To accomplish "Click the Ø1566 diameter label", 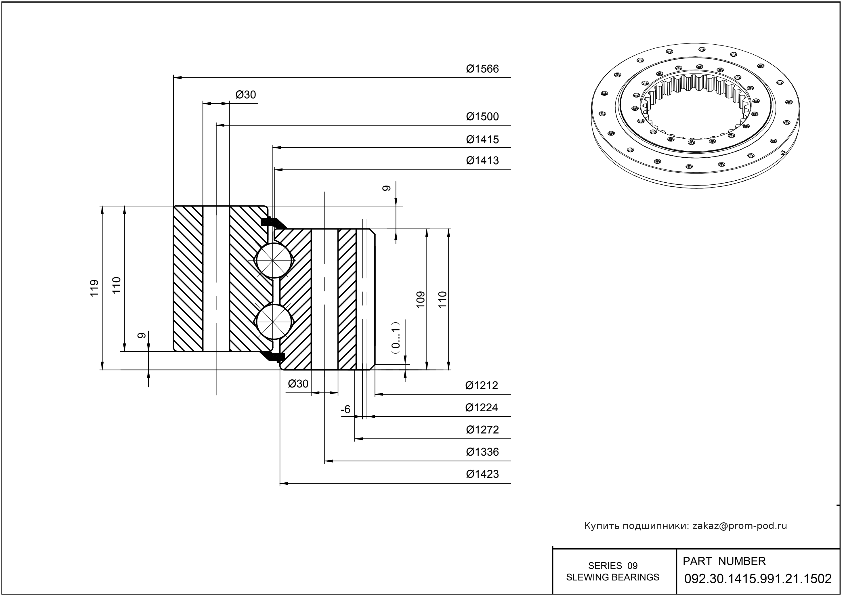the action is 482,69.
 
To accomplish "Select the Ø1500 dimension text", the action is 482,117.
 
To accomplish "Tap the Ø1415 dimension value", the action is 482,140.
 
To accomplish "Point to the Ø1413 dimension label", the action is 482,161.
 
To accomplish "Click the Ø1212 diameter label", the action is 482,385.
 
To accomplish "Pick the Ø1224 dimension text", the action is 482,408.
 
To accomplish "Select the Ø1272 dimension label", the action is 482,430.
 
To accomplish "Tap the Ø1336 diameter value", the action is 482,452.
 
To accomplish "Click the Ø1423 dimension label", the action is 482,474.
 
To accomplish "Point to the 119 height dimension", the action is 95,288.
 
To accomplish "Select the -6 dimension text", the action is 346,410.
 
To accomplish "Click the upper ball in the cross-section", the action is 274,260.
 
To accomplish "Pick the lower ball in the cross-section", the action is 274,322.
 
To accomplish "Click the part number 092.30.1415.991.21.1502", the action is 758,579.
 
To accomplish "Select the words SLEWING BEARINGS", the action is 613,577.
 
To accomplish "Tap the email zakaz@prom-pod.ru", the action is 740,526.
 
